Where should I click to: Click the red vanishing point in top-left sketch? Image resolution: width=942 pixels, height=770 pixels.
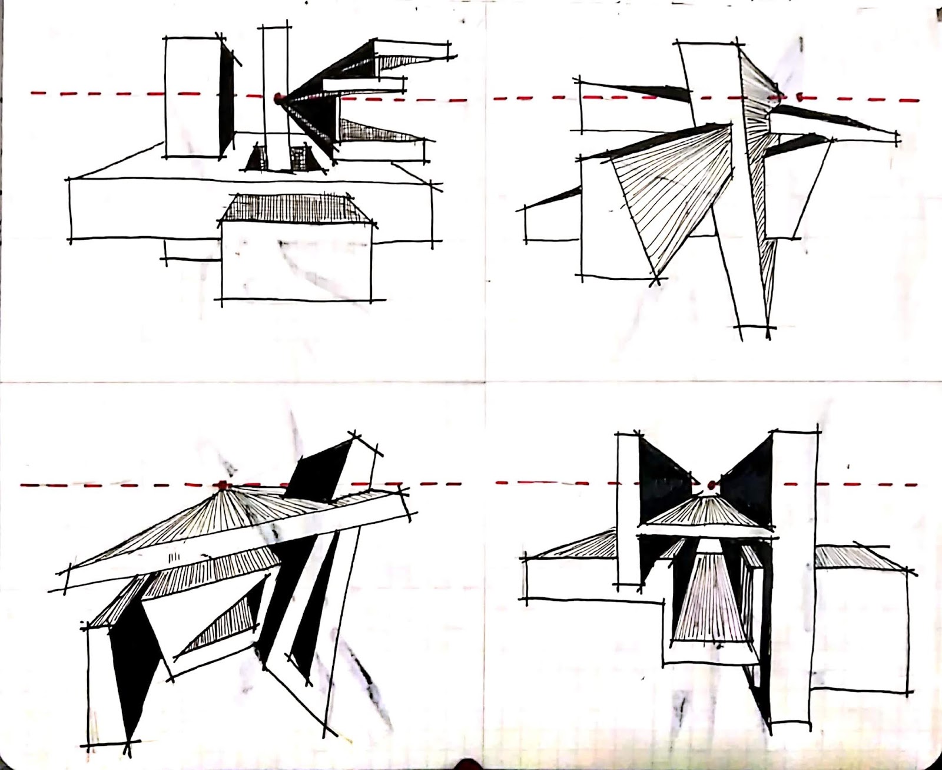[x=278, y=97]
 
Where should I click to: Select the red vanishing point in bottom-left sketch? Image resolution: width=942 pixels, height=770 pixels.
[x=223, y=485]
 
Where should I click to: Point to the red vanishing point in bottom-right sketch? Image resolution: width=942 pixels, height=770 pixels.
[x=711, y=485]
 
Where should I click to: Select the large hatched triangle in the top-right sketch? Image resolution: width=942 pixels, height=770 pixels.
[x=671, y=194]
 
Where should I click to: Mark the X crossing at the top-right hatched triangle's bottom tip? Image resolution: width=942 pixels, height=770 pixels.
[x=657, y=279]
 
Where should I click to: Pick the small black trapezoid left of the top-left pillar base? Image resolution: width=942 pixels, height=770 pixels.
[x=256, y=159]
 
